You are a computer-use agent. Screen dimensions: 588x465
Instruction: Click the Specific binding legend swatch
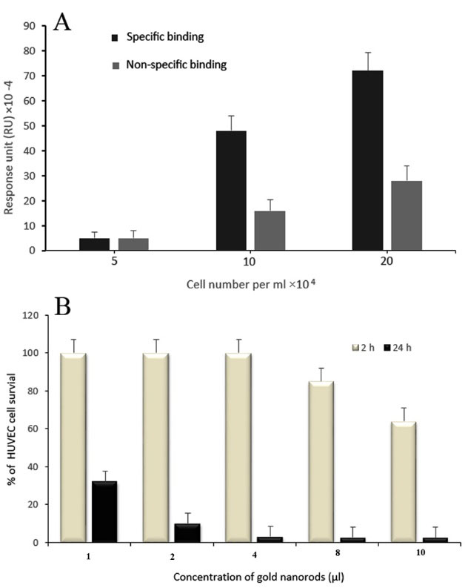click(115, 36)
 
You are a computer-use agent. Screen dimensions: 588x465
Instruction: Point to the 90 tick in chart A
click(30, 26)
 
